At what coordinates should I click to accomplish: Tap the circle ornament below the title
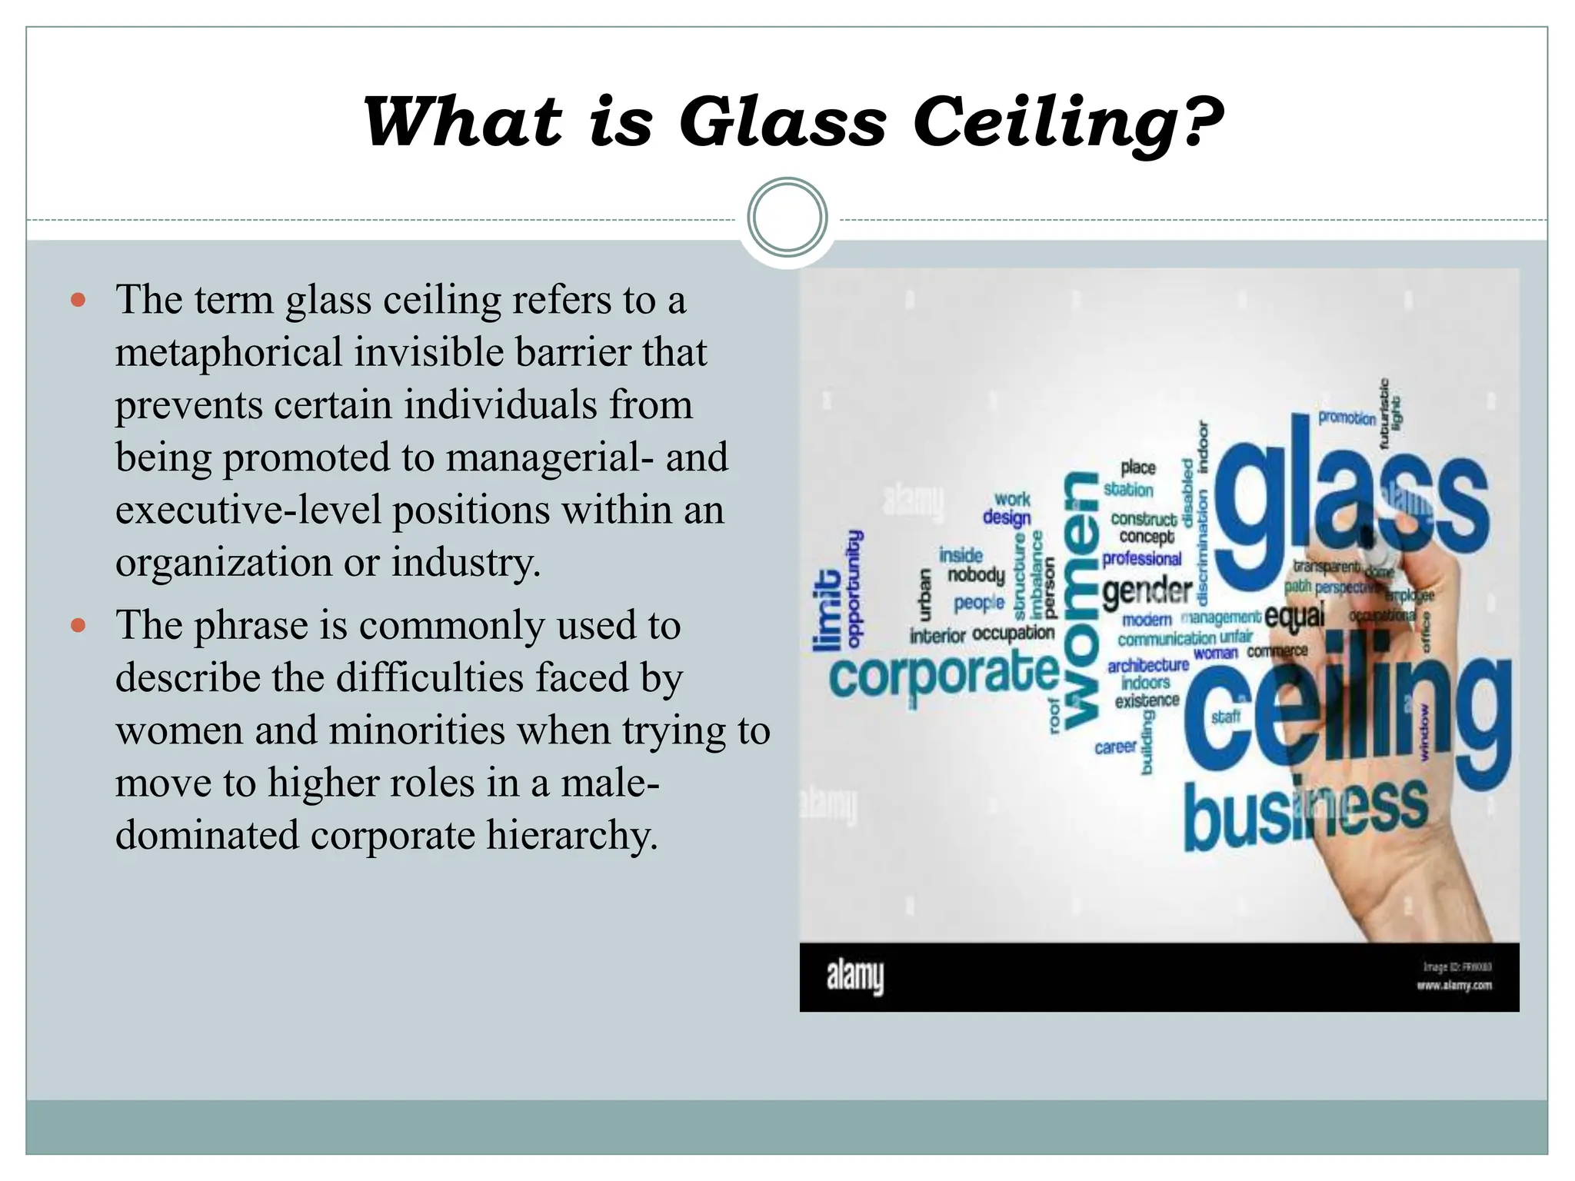tap(787, 218)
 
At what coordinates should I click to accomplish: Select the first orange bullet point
tap(78, 300)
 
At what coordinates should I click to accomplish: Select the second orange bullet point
tap(78, 625)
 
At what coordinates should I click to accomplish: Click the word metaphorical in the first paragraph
tap(228, 353)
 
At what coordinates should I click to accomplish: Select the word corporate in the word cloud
tap(944, 674)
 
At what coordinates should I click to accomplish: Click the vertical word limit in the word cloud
tap(827, 611)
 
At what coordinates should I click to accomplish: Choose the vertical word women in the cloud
tap(1080, 600)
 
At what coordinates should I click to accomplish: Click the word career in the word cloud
tap(1115, 747)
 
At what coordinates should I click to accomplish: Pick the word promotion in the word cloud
tap(1347, 418)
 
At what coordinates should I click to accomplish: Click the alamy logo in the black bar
tap(854, 976)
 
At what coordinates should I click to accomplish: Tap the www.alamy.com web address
tap(1454, 985)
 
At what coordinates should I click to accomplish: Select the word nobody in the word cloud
tap(976, 575)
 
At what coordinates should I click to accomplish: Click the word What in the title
tap(463, 123)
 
